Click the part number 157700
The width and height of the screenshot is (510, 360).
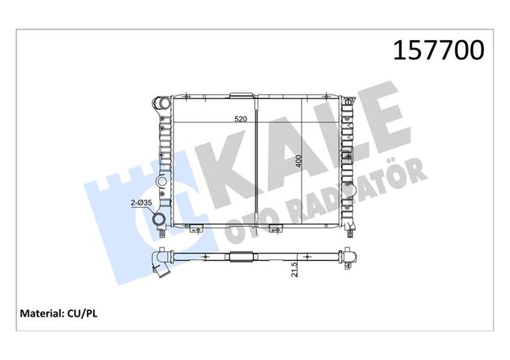439,50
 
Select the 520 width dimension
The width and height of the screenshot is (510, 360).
241,119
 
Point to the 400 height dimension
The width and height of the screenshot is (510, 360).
298,161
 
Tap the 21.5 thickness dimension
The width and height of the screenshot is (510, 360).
295,270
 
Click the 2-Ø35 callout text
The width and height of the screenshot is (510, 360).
141,203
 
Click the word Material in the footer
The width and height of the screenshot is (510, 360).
41,313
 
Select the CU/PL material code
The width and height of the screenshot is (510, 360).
82,313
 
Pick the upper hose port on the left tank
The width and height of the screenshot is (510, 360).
162,103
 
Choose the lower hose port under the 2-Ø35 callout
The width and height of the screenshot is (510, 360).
160,220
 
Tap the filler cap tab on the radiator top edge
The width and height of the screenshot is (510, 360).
242,95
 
